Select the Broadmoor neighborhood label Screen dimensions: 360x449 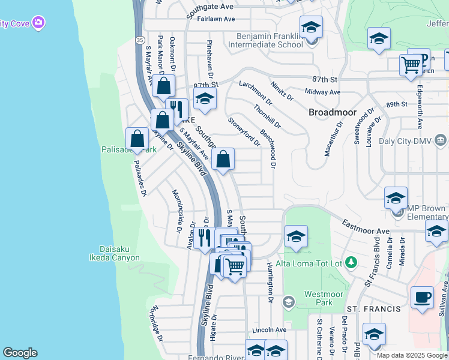[x=333, y=112]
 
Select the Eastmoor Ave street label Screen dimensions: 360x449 [x=366, y=227]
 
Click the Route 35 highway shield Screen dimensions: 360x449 [x=139, y=40]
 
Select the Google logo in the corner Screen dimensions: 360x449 [x=20, y=352]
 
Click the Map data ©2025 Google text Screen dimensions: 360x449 [x=412, y=355]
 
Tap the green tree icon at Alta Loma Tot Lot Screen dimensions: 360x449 [x=352, y=263]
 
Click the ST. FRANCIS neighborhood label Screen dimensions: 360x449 [x=381, y=309]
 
